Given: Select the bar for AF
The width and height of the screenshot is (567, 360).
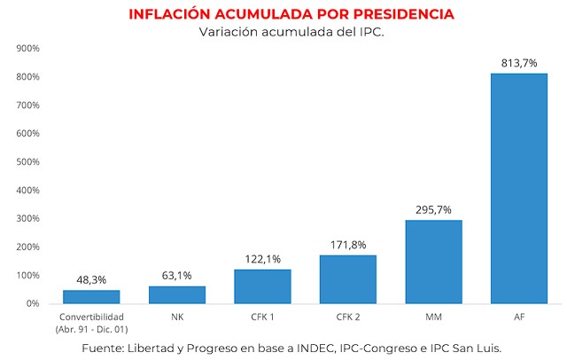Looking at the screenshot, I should click(519, 188).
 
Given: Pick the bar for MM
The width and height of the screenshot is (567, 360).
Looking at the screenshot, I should click(433, 262).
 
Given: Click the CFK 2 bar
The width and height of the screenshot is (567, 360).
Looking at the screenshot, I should click(348, 279).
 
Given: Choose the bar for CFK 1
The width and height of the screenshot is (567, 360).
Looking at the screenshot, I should click(262, 286).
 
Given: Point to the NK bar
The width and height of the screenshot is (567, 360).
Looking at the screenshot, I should click(177, 294).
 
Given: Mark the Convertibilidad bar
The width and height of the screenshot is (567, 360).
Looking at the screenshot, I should click(91, 296).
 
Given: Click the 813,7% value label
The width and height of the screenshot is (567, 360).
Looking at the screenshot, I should click(519, 63).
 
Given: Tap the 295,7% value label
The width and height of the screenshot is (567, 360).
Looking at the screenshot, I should click(433, 209).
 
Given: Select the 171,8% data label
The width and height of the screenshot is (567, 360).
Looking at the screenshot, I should click(348, 245).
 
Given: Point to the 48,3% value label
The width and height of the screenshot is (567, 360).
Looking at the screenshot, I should click(91, 279).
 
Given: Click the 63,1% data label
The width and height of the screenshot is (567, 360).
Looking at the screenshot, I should click(177, 276).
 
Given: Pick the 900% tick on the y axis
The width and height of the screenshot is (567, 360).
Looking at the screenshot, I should click(27, 49).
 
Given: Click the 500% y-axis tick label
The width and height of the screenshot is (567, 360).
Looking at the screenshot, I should click(27, 162).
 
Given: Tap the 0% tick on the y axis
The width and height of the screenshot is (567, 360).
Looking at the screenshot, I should click(32, 303).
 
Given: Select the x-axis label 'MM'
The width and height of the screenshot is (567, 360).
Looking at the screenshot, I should click(433, 317).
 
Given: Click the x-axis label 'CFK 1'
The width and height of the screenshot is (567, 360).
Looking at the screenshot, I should click(262, 317).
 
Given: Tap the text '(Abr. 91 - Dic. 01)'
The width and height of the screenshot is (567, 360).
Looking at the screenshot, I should click(91, 328).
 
